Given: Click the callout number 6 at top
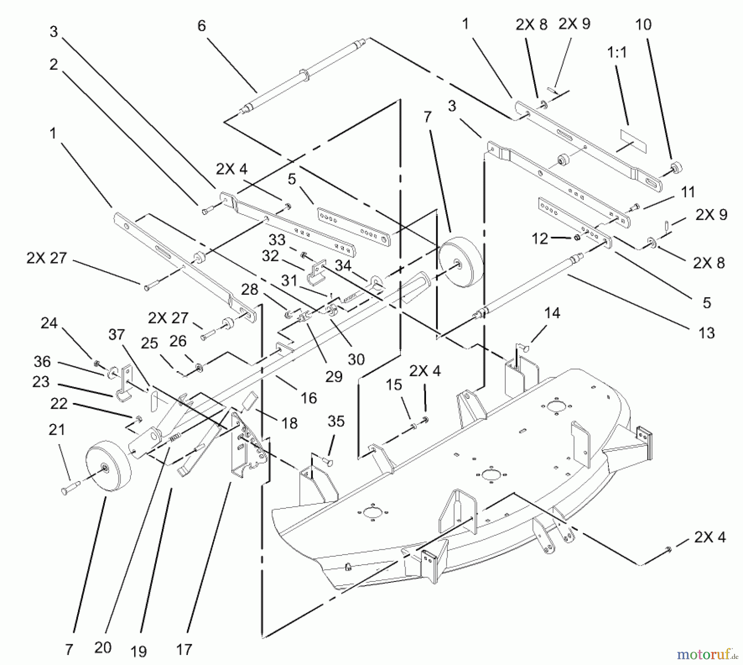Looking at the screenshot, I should click(201, 26).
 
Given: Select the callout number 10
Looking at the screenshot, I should click(643, 25).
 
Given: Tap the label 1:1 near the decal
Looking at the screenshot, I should click(617, 52).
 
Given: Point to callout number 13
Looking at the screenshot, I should click(707, 332).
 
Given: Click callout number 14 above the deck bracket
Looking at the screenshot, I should click(552, 313).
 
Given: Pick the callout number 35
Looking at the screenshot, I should click(336, 421).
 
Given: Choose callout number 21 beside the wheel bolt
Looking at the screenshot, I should click(57, 430).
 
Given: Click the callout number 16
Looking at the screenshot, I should click(308, 398).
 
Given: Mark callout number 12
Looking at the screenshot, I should click(540, 238).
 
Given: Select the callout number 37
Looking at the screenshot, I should click(116, 334).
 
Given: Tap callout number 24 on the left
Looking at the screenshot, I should click(49, 323).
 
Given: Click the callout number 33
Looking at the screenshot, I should click(277, 240).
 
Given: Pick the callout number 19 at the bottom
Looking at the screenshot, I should click(138, 652).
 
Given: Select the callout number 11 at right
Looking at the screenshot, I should click(688, 192).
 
